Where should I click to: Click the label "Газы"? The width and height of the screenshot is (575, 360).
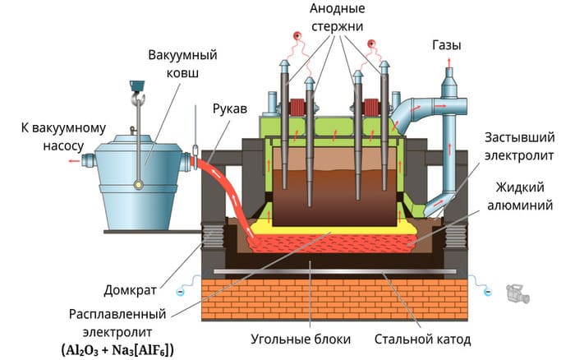click(x=447, y=45)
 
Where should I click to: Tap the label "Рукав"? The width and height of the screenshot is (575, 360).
click(x=230, y=109)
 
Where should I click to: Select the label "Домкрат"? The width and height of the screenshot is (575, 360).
click(x=130, y=291)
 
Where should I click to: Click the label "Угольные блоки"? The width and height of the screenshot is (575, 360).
click(x=301, y=339)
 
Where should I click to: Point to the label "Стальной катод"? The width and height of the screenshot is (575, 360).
click(x=422, y=339)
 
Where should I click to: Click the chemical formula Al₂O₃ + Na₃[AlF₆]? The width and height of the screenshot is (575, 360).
click(x=117, y=350)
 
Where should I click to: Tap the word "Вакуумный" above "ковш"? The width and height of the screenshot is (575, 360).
click(x=182, y=55)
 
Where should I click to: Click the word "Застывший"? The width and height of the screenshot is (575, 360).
click(x=520, y=137)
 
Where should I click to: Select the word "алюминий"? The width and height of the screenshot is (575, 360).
click(x=520, y=205)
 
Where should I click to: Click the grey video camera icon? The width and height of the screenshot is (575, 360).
click(x=517, y=293)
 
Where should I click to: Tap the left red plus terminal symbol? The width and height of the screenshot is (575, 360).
click(x=297, y=36)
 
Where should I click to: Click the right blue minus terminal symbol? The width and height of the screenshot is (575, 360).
click(x=487, y=292)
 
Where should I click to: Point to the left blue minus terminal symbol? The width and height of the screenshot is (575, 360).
click(x=180, y=292)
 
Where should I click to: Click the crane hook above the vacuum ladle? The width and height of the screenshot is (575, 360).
click(x=138, y=97)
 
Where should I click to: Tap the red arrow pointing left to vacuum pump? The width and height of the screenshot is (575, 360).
click(x=75, y=161)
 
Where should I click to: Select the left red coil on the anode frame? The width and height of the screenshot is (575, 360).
click(x=297, y=108)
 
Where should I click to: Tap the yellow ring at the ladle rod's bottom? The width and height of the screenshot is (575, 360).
click(x=138, y=184)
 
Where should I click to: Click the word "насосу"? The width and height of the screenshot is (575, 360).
click(x=63, y=146)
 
